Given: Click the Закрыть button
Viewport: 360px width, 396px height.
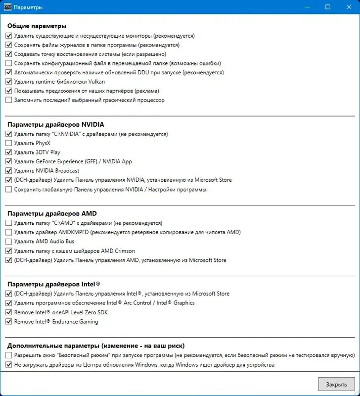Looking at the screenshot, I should (336, 384).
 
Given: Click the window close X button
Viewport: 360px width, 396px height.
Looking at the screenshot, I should (348, 7).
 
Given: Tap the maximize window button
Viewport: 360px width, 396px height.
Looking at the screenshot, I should (328, 7).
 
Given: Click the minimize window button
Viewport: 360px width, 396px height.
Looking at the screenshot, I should (308, 7).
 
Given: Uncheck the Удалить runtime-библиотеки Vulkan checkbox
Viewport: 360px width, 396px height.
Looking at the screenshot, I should (8, 82).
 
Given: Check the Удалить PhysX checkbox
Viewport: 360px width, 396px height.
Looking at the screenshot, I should (8, 143).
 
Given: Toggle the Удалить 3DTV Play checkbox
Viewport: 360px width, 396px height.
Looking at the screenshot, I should (8, 152).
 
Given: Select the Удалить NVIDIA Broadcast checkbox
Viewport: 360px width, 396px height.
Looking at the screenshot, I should (8, 171).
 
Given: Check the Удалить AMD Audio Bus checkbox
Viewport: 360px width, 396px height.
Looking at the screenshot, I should (8, 242).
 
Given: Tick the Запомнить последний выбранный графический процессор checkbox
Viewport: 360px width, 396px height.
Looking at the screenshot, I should (8, 100).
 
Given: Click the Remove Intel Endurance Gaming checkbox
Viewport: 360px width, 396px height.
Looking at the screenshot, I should (8, 322).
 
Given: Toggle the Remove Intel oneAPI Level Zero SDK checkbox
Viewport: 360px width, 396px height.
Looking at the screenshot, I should (8, 312).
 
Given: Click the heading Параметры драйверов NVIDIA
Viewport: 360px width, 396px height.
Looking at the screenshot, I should (55, 124).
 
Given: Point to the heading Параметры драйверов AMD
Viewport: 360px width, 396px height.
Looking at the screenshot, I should (52, 214).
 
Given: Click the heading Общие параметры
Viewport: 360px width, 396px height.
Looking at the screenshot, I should (37, 26).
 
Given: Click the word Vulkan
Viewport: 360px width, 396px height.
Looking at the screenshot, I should (96, 82).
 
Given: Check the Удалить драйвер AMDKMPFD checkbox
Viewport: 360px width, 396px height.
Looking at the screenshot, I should (8, 232).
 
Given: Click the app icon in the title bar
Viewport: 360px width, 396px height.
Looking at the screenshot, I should (7, 7).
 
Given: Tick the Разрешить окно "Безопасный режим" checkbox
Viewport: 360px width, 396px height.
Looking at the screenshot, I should (8, 355).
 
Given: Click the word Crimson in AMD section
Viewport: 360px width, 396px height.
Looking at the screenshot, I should (124, 251).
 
